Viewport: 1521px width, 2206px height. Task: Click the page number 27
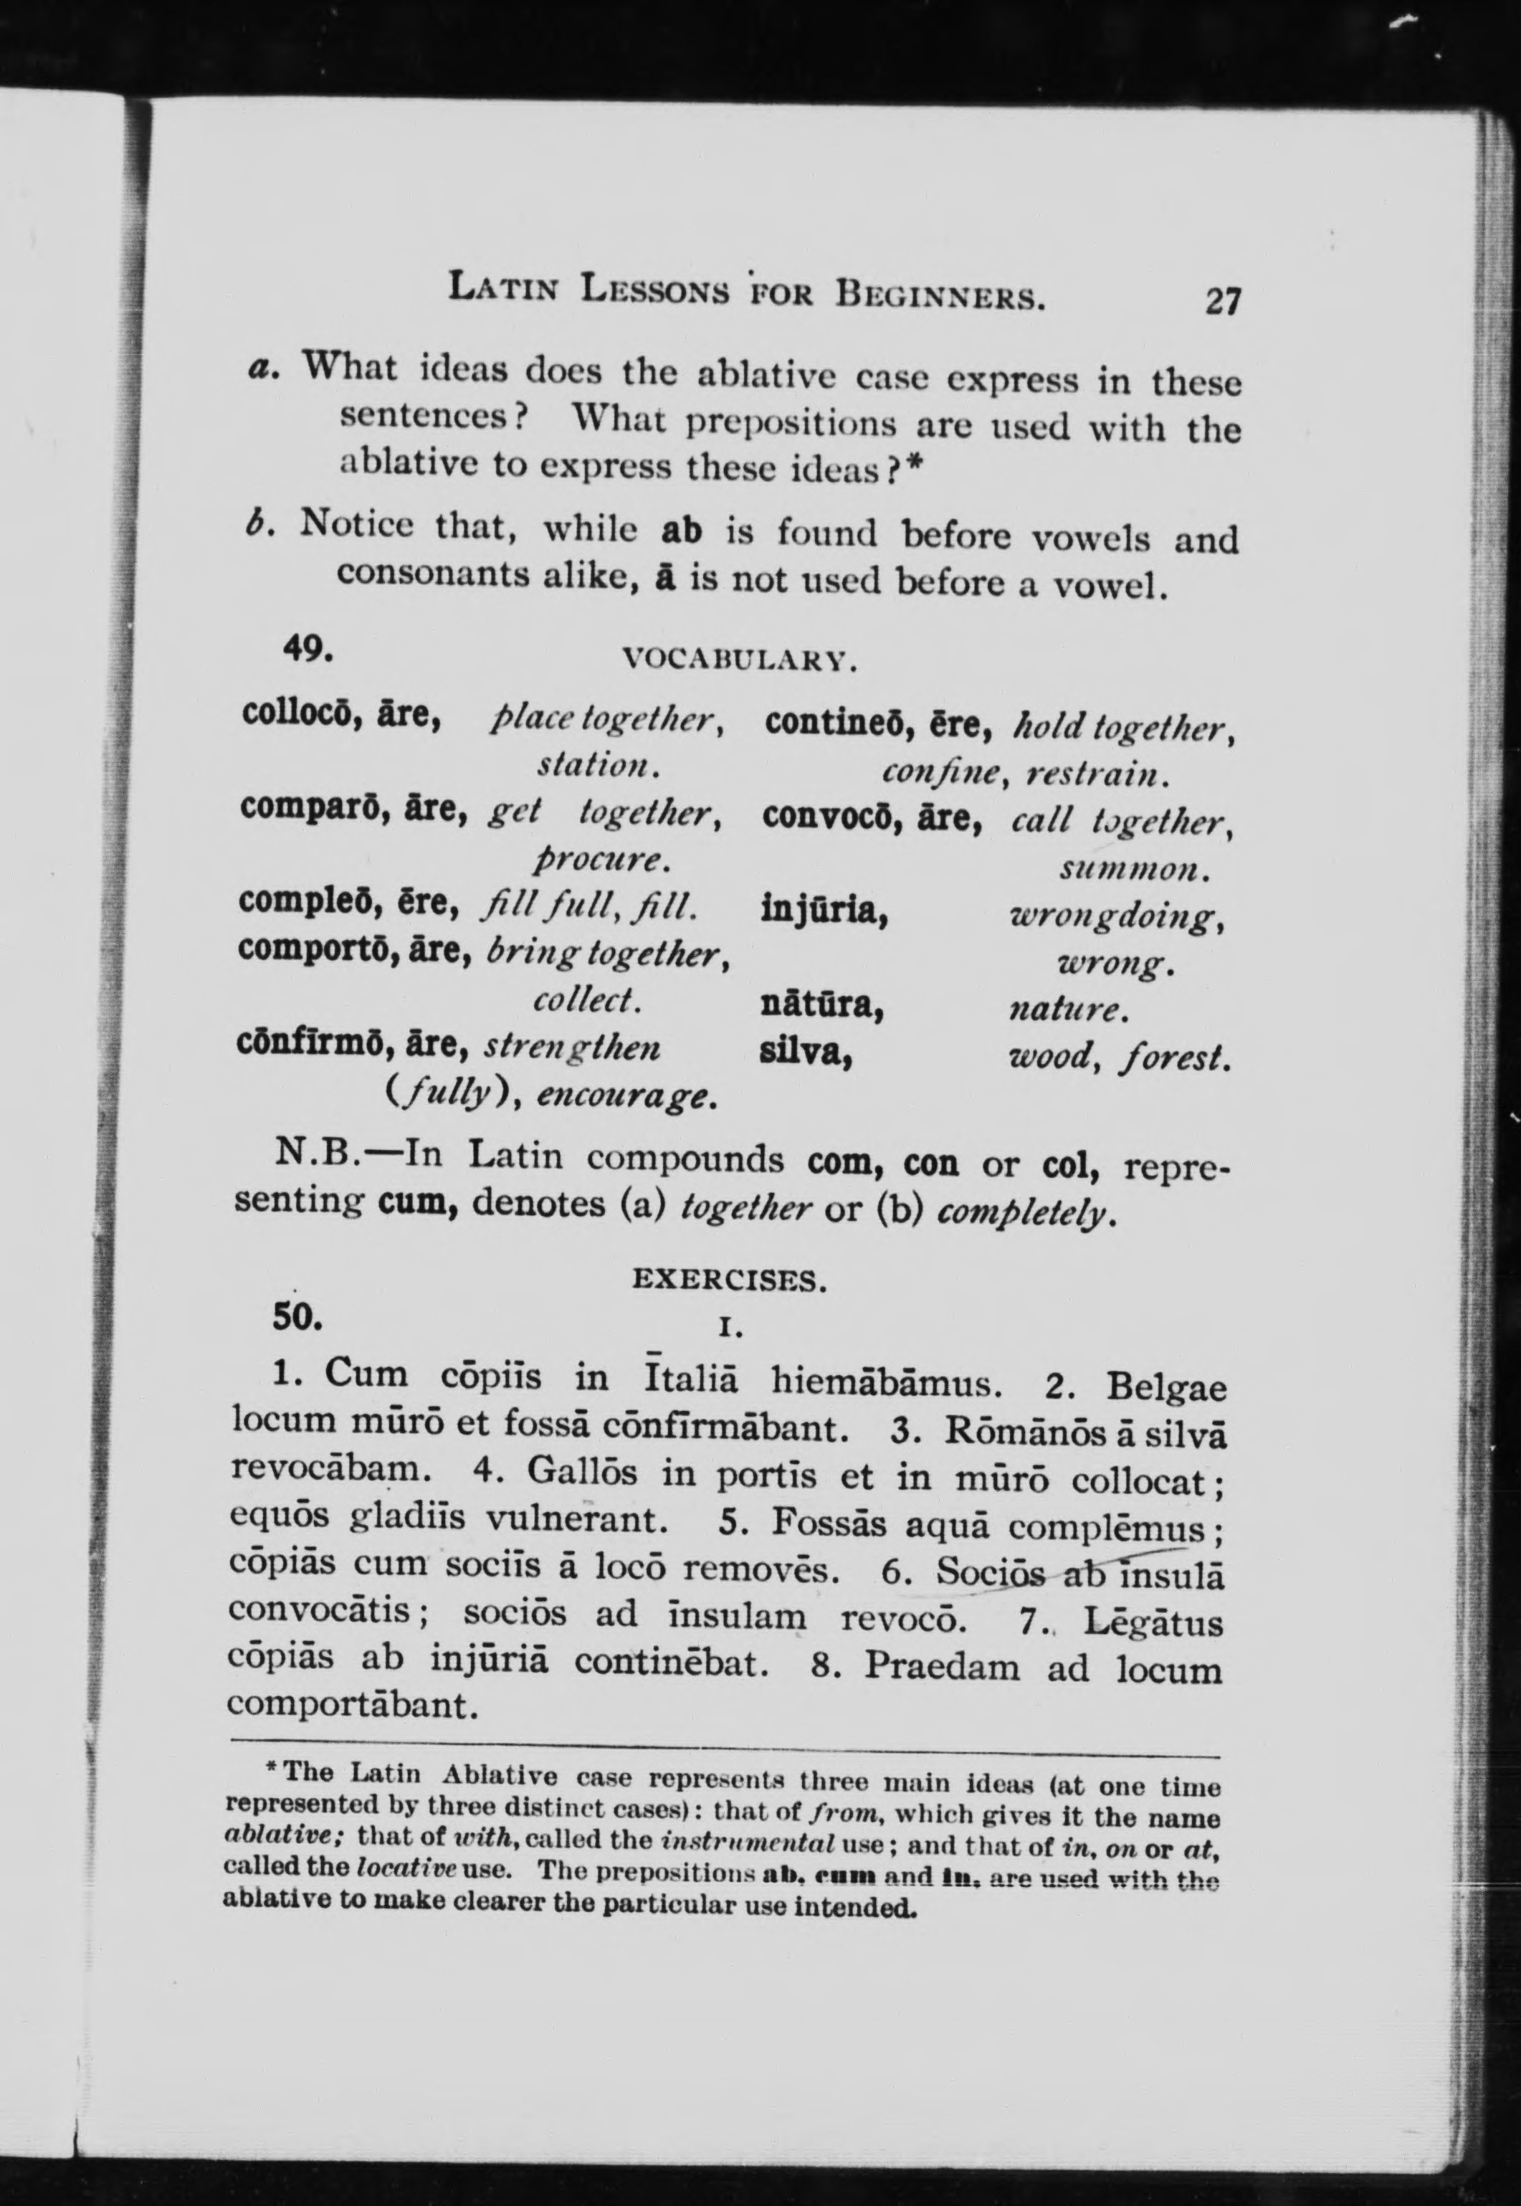(1223, 301)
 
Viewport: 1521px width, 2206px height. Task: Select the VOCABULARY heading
(740, 658)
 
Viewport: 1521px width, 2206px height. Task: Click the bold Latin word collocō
(300, 713)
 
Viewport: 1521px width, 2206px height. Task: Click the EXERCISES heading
(729, 1280)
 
